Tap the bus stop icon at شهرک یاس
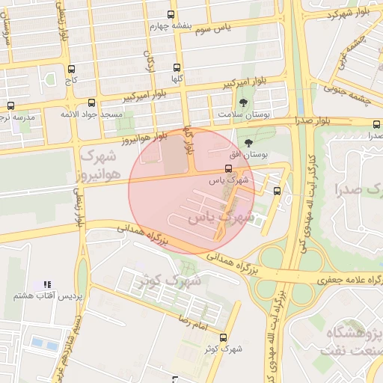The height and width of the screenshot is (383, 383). [x=228, y=168]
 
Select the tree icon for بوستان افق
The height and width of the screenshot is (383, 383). [x=248, y=142]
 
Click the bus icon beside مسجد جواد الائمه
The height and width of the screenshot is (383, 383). [x=91, y=102]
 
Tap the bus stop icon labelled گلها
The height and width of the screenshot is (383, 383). [x=177, y=67]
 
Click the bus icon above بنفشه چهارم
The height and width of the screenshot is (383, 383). [x=171, y=13]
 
